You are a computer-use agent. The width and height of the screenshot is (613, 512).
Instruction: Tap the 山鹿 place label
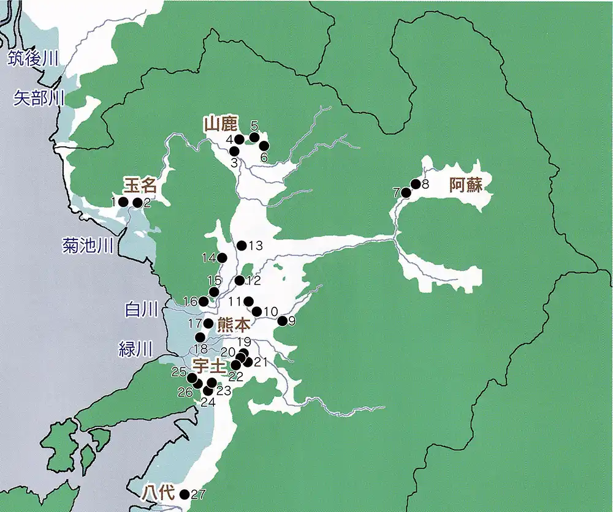(x=220, y=125)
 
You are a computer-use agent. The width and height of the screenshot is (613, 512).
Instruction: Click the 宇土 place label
(x=210, y=366)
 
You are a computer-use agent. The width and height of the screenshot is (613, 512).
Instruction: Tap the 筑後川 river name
(x=32, y=59)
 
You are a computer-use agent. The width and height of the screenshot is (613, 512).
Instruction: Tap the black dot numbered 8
(x=415, y=184)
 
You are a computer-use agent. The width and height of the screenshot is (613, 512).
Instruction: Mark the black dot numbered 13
(x=242, y=246)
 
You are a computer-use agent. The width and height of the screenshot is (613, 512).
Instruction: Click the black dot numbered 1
(x=123, y=201)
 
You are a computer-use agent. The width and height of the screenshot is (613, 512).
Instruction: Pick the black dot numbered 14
(x=222, y=258)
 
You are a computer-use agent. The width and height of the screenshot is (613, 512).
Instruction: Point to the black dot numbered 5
(x=254, y=137)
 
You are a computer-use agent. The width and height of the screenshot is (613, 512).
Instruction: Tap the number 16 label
(x=191, y=301)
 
